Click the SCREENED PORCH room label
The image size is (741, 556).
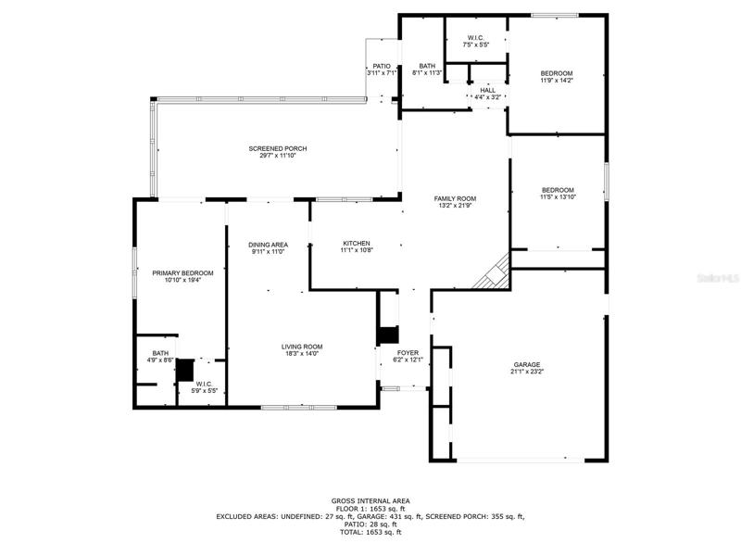point(278,148)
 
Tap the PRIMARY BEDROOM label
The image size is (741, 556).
point(182,272)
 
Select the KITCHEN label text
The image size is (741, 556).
point(357,243)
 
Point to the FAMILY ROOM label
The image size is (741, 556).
point(455,198)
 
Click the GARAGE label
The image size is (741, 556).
point(527,364)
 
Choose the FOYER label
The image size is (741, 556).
point(408,353)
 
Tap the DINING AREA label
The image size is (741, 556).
point(269,245)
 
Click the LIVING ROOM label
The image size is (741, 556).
point(302,347)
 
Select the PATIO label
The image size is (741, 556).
point(382,66)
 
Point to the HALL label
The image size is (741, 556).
point(488,90)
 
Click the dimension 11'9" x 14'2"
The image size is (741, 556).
point(557,81)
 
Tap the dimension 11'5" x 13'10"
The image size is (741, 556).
point(559,197)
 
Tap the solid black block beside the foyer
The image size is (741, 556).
point(388,335)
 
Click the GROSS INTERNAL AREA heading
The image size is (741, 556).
point(370,500)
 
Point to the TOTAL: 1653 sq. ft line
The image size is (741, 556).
point(370,532)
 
